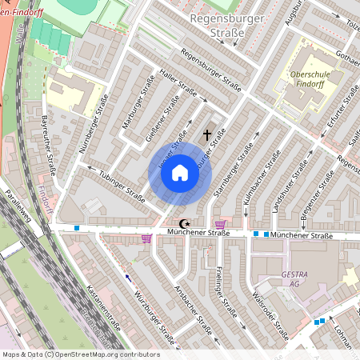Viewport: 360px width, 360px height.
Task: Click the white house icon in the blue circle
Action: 180,173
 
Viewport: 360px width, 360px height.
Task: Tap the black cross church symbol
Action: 207,135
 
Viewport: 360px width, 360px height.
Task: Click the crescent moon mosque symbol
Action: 186,225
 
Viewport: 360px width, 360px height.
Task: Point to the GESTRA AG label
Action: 295,279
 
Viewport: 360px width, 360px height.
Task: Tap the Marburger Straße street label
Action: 138,102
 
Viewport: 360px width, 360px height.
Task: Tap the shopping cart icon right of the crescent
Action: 220,225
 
